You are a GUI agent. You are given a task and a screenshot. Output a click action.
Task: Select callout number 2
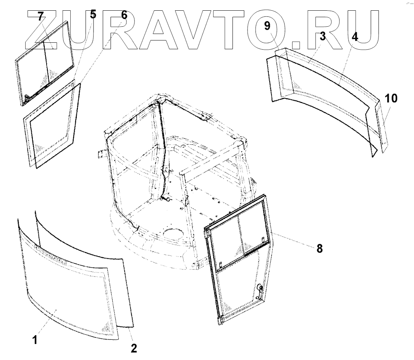click(133, 348)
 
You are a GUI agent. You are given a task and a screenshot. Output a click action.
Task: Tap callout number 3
click(322, 37)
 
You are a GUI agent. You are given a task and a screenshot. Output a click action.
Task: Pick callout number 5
click(93, 15)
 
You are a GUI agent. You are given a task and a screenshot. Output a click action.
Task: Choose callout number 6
click(124, 15)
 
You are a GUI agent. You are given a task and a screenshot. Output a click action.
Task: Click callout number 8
click(319, 249)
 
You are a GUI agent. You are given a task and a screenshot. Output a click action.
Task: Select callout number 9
click(267, 26)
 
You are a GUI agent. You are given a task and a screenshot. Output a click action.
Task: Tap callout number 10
click(391, 99)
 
